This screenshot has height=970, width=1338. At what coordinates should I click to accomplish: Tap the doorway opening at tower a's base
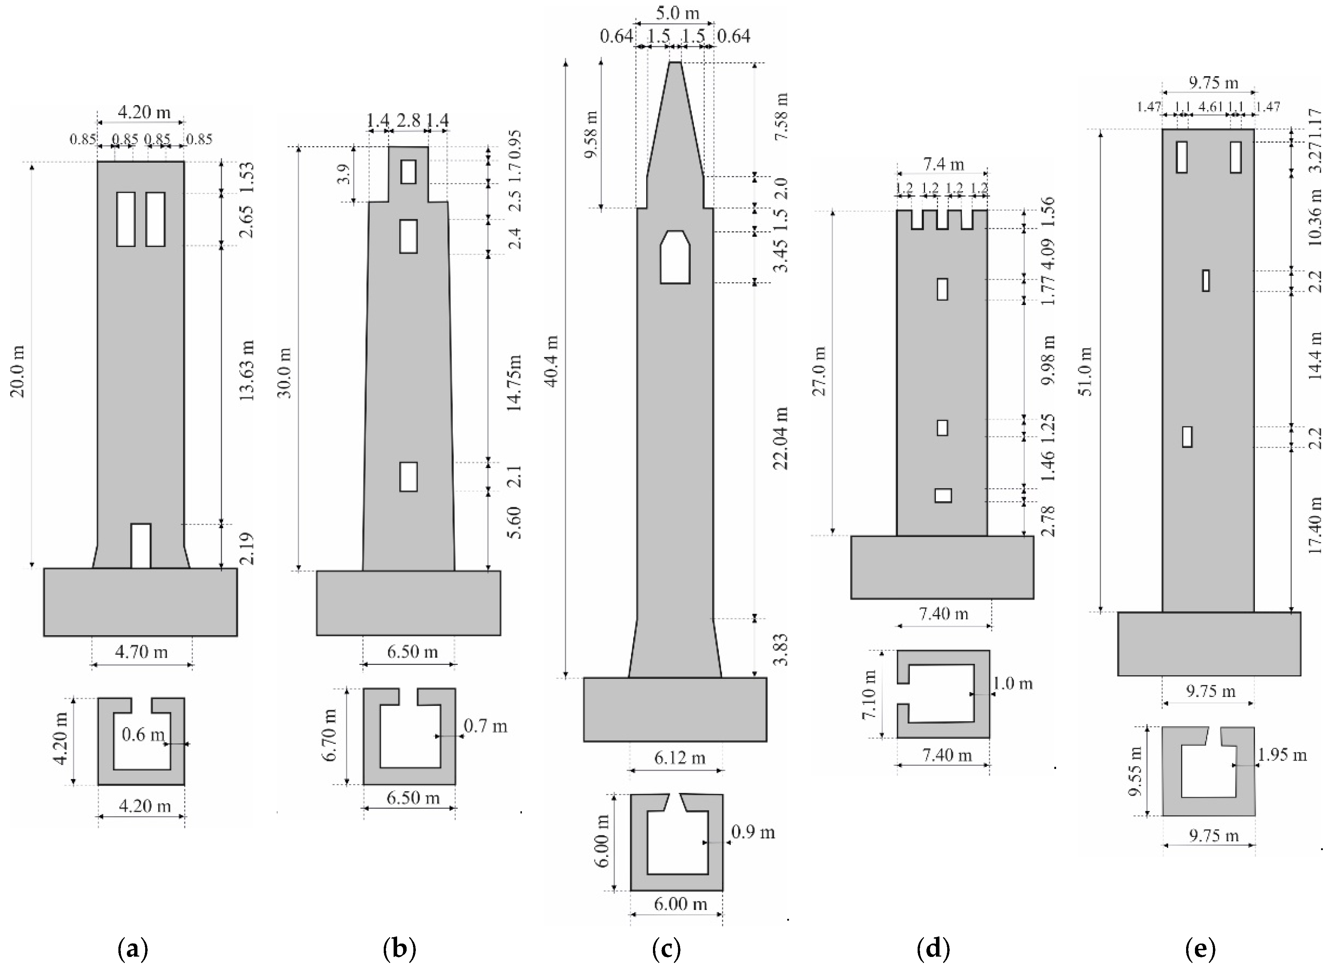[x=140, y=546]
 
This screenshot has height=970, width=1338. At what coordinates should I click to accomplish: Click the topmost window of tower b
[x=408, y=172]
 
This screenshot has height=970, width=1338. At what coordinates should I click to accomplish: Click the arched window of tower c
[x=675, y=257]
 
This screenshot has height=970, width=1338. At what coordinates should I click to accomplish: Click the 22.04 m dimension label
[x=781, y=437]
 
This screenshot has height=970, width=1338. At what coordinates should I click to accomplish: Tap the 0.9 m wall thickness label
[x=753, y=832]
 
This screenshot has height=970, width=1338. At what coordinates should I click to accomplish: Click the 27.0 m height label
[x=820, y=371]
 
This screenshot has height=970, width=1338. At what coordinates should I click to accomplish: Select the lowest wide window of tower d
[x=943, y=495]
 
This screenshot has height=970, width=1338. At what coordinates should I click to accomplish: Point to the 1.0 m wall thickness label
[x=1012, y=684]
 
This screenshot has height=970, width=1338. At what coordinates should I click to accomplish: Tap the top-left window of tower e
[x=1181, y=157]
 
